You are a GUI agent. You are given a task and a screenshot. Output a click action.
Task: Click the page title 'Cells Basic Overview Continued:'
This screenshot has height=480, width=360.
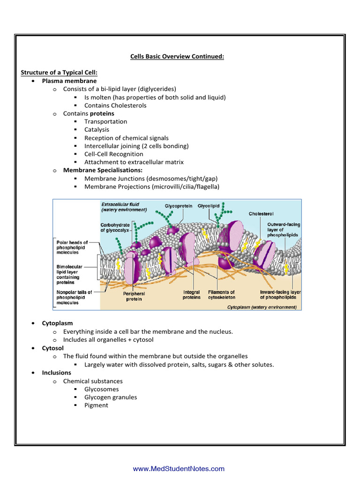pyautogui.click(x=177, y=57)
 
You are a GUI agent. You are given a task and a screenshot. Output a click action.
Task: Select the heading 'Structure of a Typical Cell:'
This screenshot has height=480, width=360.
pyautogui.click(x=59, y=73)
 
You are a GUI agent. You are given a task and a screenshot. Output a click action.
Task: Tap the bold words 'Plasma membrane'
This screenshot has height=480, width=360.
pyautogui.click(x=69, y=81)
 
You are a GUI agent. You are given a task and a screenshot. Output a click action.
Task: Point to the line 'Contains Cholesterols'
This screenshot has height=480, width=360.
pyautogui.click(x=115, y=105)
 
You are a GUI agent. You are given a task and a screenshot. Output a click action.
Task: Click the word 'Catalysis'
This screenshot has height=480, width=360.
pyautogui.click(x=97, y=129)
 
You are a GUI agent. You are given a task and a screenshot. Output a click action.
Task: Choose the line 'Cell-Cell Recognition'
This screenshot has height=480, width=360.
pyautogui.click(x=114, y=154)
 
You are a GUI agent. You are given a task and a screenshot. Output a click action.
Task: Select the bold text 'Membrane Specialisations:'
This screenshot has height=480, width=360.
pyautogui.click(x=103, y=170)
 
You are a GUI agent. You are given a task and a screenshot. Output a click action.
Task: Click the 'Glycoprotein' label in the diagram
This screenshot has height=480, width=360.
pyautogui.click(x=178, y=206)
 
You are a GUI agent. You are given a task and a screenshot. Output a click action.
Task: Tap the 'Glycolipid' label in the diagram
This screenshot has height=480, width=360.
pyautogui.click(x=210, y=206)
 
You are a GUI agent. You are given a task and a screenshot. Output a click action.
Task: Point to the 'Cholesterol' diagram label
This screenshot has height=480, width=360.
pyautogui.click(x=261, y=214)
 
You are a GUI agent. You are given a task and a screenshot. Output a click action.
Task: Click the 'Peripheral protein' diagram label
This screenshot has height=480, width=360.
pyautogui.click(x=134, y=296)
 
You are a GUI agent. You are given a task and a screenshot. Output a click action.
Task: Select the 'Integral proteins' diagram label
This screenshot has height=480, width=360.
pyautogui.click(x=192, y=294)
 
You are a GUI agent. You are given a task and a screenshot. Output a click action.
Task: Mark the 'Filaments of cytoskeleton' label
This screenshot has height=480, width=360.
pyautogui.click(x=222, y=294)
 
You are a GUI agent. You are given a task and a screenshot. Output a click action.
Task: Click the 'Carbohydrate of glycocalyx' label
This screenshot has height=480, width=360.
pyautogui.click(x=115, y=228)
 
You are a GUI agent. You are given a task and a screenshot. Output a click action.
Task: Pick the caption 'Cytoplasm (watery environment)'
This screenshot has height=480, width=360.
pyautogui.click(x=262, y=307)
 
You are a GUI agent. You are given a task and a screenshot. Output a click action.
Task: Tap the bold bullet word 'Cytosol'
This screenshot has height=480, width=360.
pyautogui.click(x=53, y=348)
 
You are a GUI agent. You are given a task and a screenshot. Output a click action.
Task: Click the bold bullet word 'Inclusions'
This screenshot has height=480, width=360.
pyautogui.click(x=57, y=373)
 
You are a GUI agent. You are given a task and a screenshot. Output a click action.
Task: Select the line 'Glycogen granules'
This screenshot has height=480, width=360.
pyautogui.click(x=111, y=397)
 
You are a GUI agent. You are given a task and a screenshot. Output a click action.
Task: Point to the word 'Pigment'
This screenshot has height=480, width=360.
pyautogui.click(x=96, y=405)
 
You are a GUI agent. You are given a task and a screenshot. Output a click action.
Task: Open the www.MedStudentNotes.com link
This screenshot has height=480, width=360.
pyautogui.click(x=179, y=469)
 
